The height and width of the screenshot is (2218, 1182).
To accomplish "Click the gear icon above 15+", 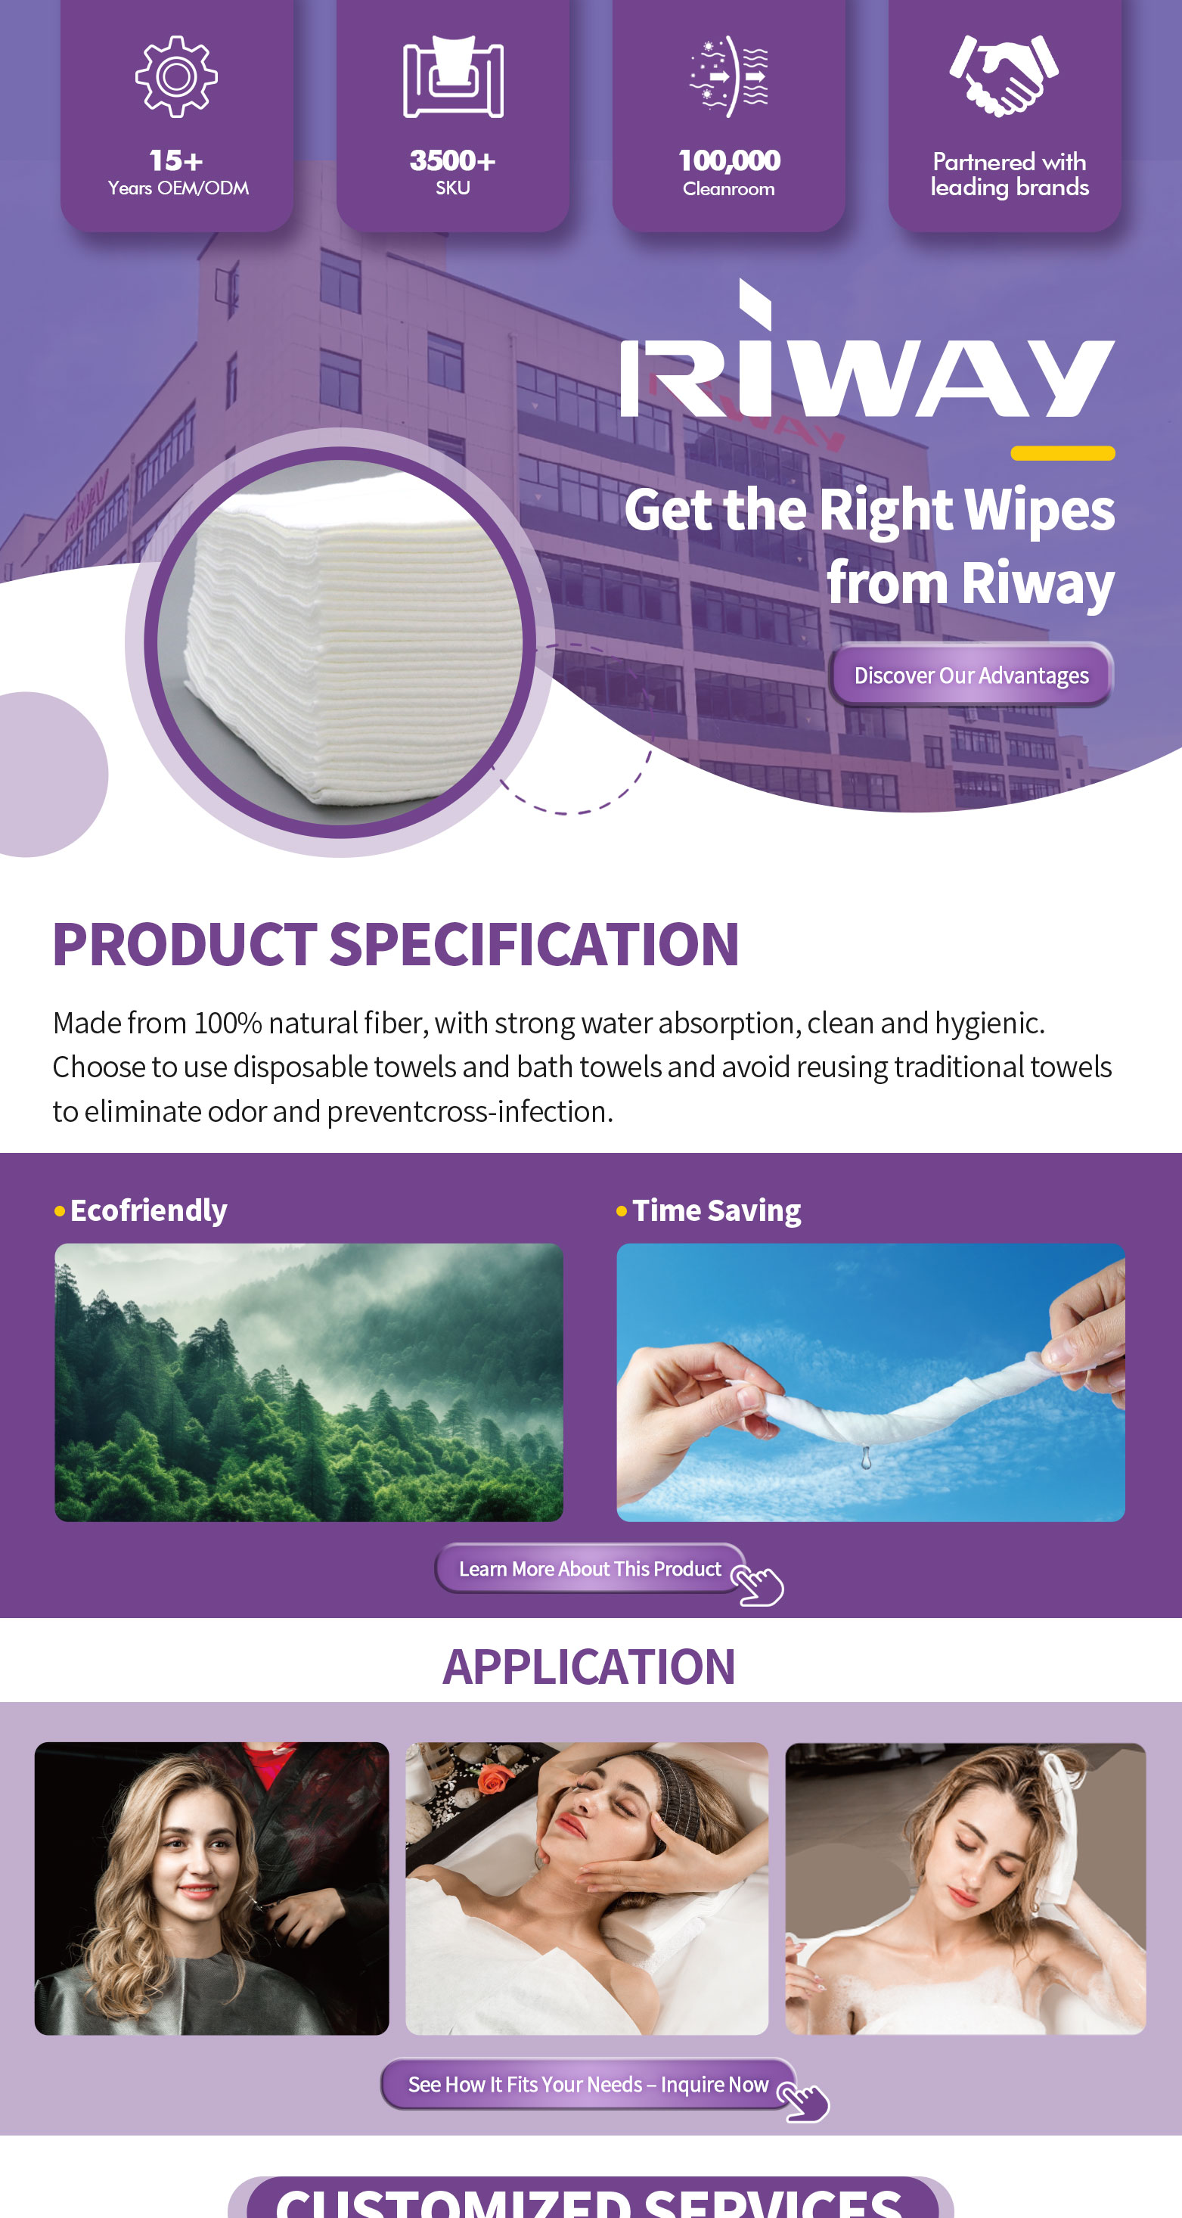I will coord(176,76).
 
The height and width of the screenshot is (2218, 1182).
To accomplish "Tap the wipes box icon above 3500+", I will coord(453,77).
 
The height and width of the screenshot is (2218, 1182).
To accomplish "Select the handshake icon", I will coord(1004,76).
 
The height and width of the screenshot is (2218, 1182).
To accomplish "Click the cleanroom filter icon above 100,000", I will coord(729,76).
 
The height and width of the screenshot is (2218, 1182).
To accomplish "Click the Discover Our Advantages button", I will coord(970,675).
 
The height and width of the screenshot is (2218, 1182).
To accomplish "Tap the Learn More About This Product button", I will coord(590,1569).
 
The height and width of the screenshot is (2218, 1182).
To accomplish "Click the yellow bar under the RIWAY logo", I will coord(1063,453).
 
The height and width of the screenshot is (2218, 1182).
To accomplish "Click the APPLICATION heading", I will coord(590,1666).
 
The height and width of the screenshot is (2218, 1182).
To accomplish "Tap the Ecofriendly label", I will coord(148,1210).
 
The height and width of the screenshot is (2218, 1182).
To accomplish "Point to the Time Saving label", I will coord(716,1210).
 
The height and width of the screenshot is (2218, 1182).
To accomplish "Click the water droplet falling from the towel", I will coord(866,1457).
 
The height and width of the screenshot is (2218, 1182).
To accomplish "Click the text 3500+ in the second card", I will coord(453,160).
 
